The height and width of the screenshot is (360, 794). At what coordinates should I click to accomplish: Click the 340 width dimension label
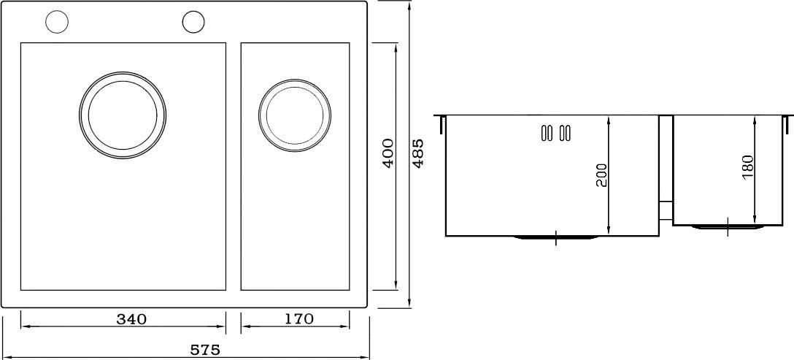point(131,319)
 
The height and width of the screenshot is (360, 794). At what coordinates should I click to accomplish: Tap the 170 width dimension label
point(298,319)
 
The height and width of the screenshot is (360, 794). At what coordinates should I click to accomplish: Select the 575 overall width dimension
point(205,350)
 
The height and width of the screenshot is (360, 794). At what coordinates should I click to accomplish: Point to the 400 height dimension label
point(388,153)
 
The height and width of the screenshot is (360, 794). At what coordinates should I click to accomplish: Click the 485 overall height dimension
point(418,153)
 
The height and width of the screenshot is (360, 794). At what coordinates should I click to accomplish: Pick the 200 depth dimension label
point(601,175)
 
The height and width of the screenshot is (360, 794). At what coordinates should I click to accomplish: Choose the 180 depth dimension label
point(749,166)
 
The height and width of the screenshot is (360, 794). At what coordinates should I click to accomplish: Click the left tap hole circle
point(57,22)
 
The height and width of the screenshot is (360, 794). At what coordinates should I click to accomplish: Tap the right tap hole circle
point(193,22)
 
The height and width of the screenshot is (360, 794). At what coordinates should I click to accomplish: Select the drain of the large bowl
point(123,72)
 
